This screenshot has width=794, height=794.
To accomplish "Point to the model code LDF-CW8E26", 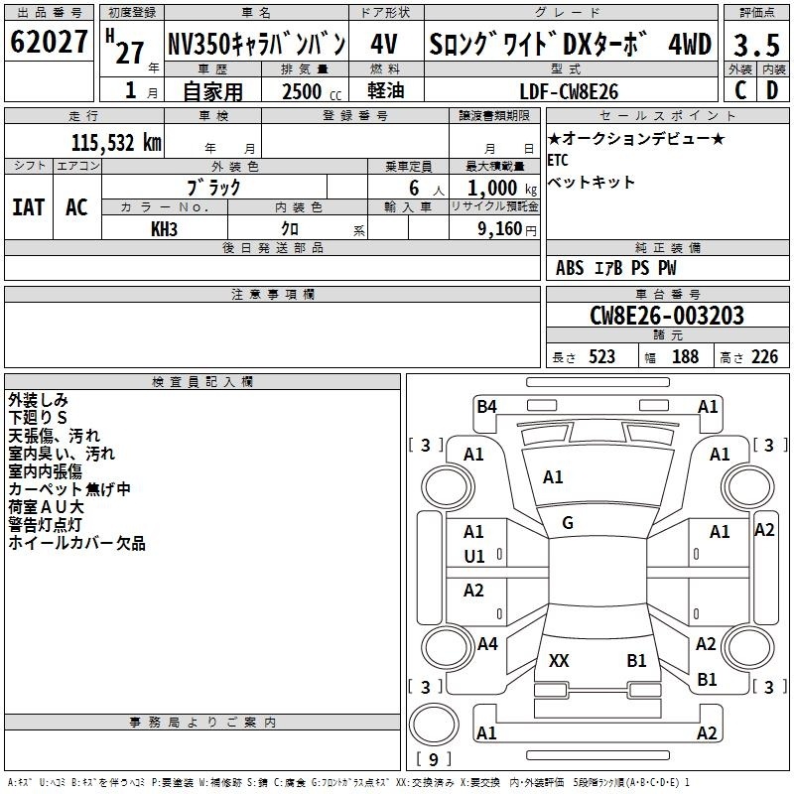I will (569, 91).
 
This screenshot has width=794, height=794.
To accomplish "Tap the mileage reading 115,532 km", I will (115, 142).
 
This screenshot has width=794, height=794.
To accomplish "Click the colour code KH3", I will (164, 228).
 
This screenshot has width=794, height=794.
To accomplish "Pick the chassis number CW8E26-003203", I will (666, 316).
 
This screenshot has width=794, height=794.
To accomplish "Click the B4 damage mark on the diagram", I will (486, 406).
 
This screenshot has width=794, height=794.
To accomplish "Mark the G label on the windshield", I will (568, 523).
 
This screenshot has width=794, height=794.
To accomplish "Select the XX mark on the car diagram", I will (559, 661).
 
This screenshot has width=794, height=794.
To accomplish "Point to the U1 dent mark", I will (474, 557).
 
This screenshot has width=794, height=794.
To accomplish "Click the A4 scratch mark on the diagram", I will (486, 644).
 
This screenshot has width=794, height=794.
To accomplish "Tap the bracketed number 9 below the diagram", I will (433, 760).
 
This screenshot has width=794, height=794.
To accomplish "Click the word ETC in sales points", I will (558, 160).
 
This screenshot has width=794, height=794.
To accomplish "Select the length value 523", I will (601, 357).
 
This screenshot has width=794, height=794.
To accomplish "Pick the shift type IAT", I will (28, 207).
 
